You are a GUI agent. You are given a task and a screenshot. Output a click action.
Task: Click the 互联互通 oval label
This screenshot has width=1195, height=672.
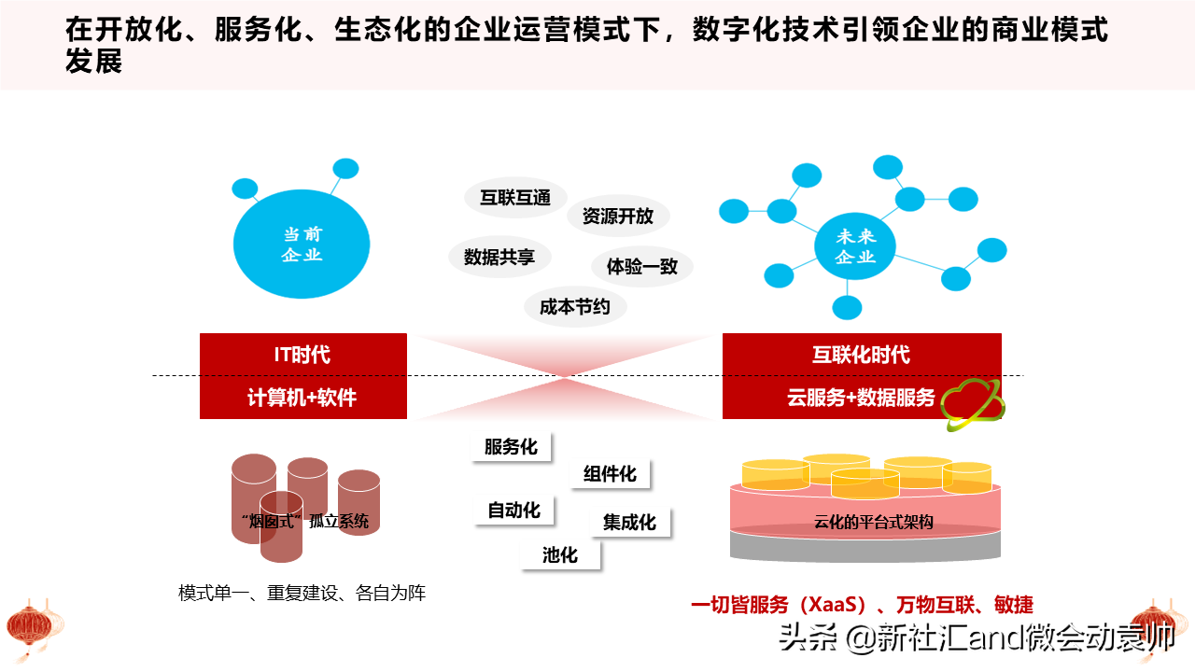[515, 198]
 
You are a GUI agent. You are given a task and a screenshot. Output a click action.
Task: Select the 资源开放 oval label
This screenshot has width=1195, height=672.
[618, 216]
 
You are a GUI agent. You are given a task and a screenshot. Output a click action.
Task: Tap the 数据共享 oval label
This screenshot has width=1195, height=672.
[499, 257]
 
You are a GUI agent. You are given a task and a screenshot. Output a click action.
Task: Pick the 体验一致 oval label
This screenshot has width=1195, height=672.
[641, 266]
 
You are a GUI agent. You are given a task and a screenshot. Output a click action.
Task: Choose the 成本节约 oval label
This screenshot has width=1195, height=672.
[575, 307]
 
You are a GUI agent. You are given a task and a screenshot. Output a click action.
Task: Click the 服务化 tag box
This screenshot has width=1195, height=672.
[511, 446]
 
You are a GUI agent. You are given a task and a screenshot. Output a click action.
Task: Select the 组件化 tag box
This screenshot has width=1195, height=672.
[610, 473]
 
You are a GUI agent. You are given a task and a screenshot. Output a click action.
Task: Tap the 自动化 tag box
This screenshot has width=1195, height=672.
[513, 511]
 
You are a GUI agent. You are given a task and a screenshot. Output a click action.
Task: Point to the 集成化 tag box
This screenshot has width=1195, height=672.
[629, 522]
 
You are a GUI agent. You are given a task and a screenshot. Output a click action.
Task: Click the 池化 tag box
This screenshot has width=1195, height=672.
[560, 555]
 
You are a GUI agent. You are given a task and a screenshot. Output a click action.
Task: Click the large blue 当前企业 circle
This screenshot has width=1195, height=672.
[302, 244]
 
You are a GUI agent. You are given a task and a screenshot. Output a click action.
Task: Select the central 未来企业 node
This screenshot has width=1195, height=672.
[855, 245]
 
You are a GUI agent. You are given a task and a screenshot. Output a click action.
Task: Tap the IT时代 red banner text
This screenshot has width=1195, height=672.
[302, 355]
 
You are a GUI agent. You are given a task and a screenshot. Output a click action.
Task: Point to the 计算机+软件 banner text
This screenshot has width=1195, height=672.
[302, 398]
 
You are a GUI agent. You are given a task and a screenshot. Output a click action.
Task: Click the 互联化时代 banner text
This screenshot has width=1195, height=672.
[861, 355]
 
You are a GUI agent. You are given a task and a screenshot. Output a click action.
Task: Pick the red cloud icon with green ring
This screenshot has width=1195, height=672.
[973, 404]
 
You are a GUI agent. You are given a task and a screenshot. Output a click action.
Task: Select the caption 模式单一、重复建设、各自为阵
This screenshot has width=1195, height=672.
[302, 593]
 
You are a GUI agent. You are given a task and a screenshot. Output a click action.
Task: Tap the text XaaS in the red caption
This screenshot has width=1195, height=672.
[836, 604]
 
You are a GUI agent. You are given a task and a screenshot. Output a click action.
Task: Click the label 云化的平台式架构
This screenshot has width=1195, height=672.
[873, 522]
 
